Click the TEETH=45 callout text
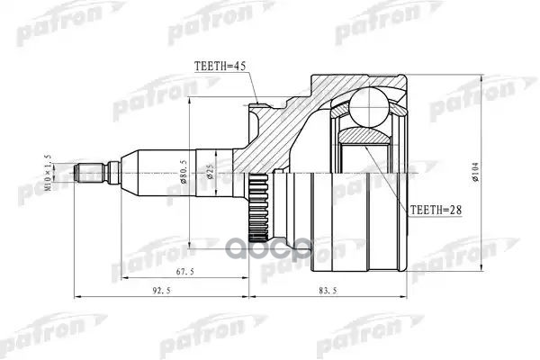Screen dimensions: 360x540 pyautogui.click(x=220, y=66)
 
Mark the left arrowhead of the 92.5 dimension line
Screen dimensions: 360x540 pyautogui.click(x=76, y=297)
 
